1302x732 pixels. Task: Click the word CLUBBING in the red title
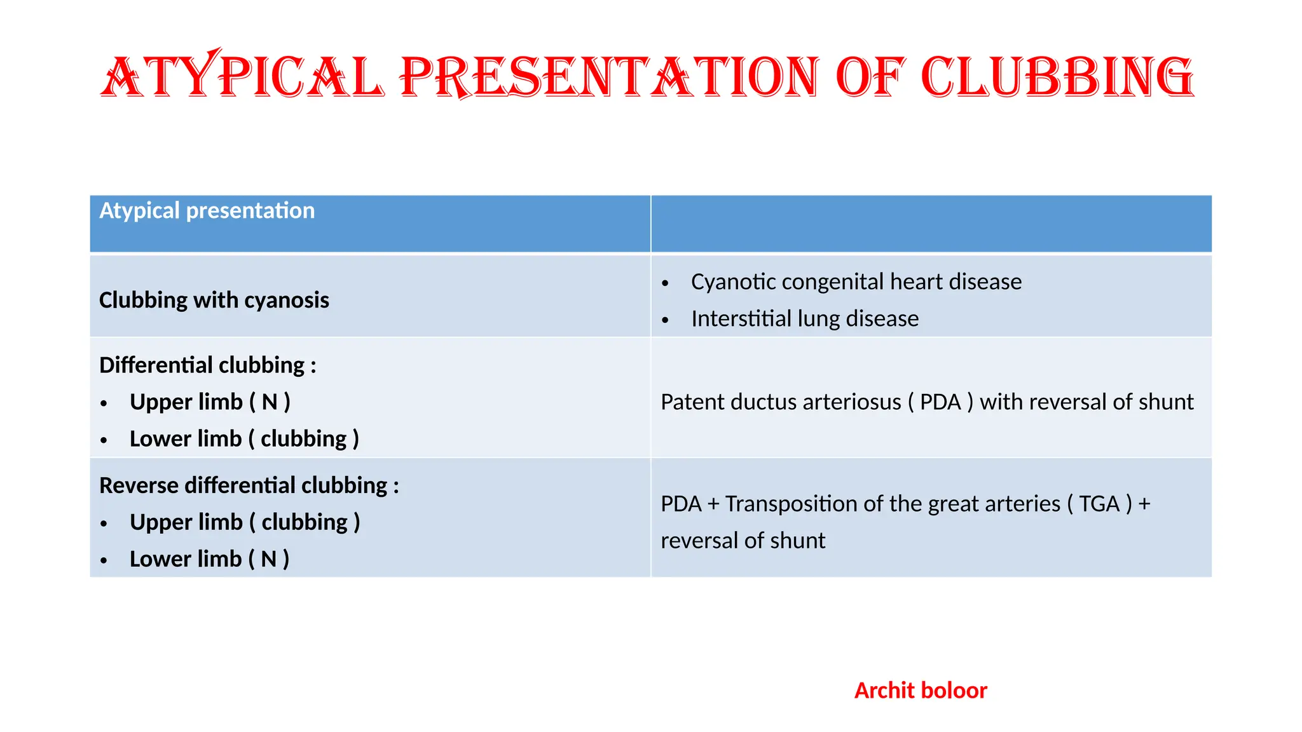coord(1057,78)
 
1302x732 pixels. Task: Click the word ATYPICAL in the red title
coord(242,78)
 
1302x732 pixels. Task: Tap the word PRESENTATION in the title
coord(609,78)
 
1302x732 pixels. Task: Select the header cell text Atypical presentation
coord(207,210)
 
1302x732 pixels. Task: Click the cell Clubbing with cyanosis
coord(214,300)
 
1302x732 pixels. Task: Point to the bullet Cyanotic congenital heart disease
coord(856,281)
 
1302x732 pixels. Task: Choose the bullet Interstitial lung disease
coord(804,318)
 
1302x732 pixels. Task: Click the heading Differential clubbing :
coord(207,365)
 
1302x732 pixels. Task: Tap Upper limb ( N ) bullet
coord(210,402)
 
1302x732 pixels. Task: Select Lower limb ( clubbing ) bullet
coord(244,438)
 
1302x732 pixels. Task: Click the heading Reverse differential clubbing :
coord(249,485)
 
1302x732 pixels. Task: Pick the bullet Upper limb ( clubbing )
coord(245,522)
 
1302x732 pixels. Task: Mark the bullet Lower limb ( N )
coord(209,559)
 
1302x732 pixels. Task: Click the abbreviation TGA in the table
coord(1099,504)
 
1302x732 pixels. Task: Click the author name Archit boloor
coord(920,691)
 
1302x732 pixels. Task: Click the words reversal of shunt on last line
coord(743,541)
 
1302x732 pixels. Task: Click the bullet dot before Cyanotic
coord(665,283)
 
